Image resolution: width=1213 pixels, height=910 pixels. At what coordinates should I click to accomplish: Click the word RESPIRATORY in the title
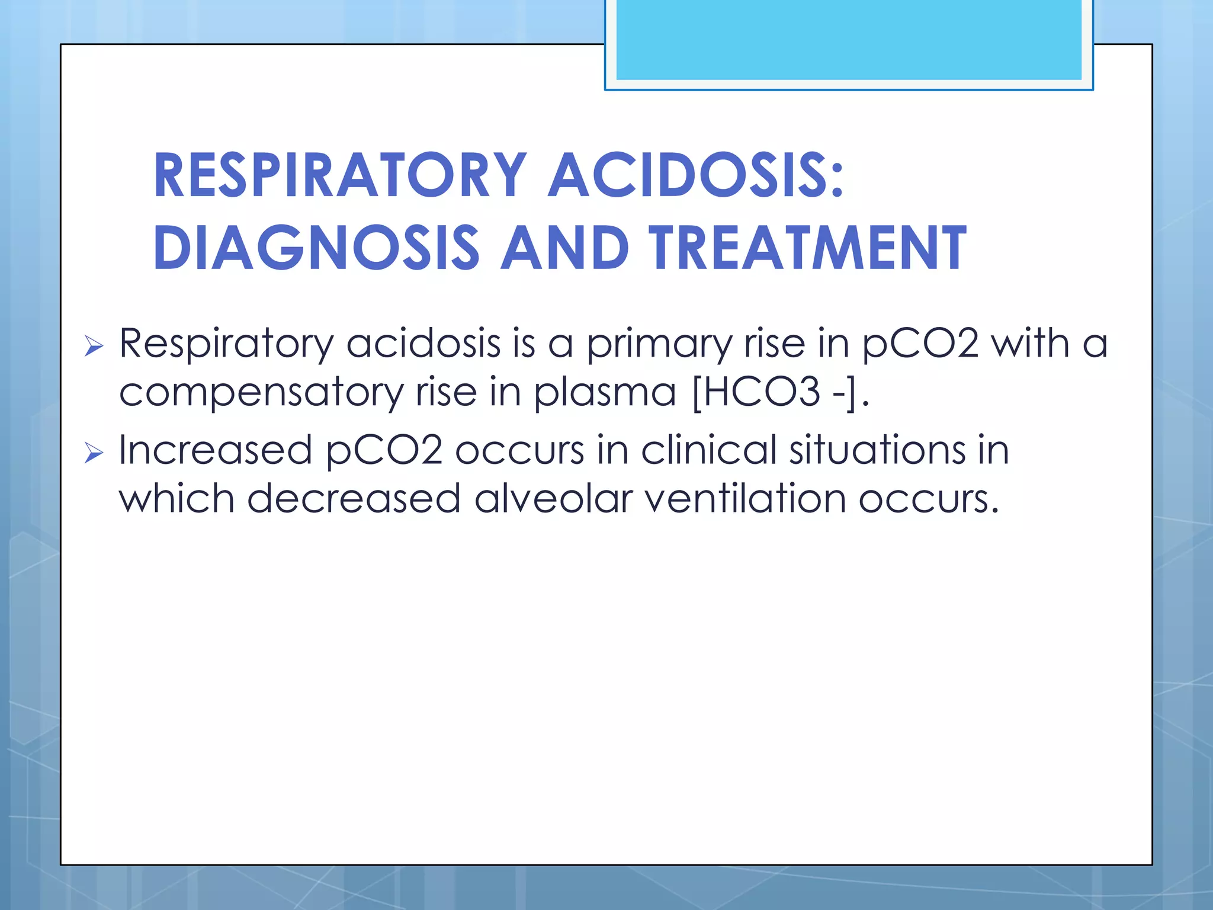coord(339,175)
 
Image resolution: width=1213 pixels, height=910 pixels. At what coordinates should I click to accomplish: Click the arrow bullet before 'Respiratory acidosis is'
coord(94,345)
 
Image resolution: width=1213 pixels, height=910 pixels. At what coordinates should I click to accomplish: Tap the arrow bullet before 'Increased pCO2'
coord(94,453)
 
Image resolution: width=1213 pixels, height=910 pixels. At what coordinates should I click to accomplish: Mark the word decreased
coord(354,499)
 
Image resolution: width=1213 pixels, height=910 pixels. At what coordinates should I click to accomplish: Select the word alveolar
coord(553,499)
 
